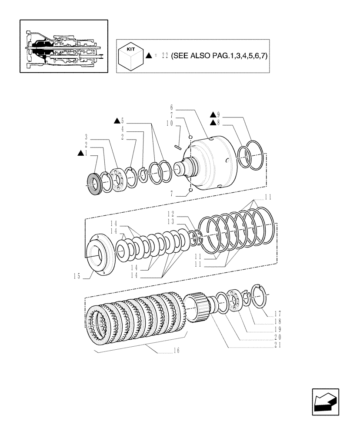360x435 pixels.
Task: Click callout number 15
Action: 77,275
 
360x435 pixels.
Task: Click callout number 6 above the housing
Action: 172,107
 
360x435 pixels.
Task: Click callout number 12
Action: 171,214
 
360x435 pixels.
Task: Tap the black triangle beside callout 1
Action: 80,153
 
